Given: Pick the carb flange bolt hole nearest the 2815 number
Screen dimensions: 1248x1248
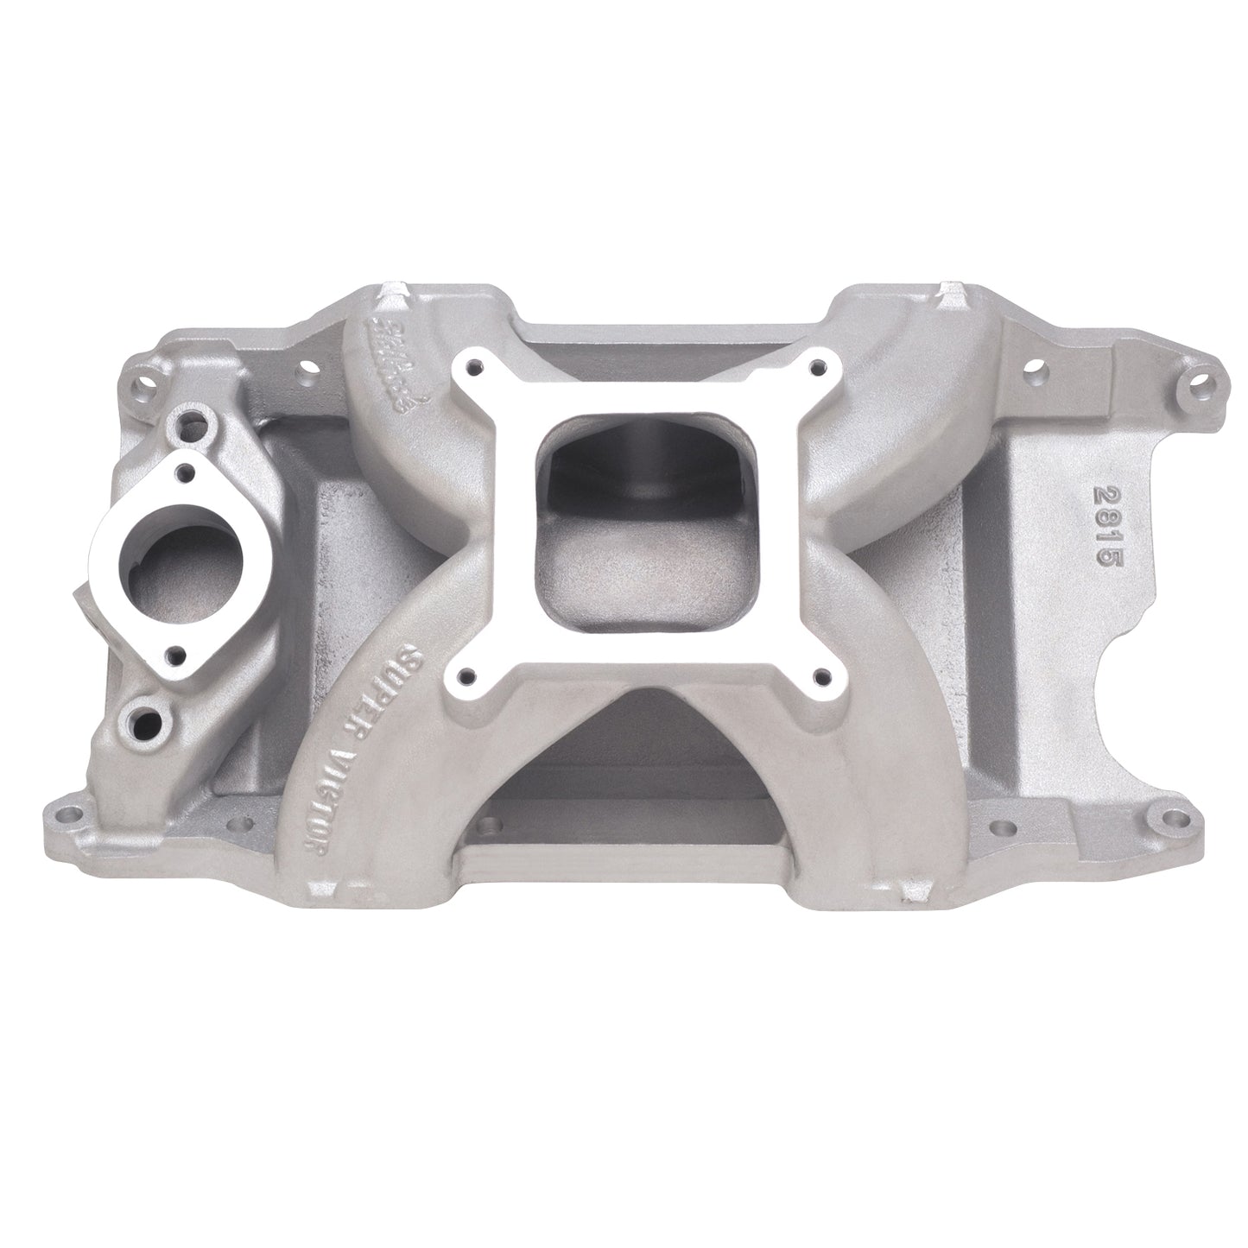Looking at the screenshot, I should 812,370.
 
